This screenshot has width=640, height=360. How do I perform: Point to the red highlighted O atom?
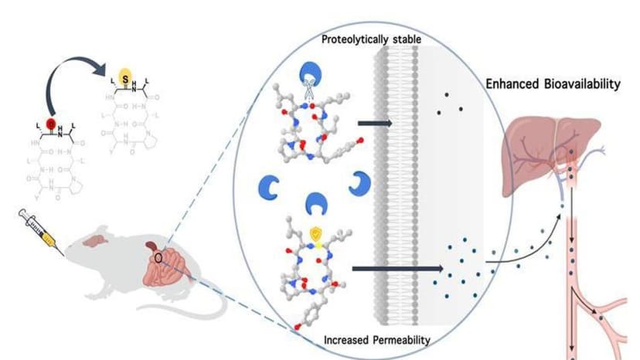point(51,124)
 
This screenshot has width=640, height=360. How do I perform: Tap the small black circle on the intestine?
point(158,257)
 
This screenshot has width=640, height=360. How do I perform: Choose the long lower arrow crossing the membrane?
point(395,269)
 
